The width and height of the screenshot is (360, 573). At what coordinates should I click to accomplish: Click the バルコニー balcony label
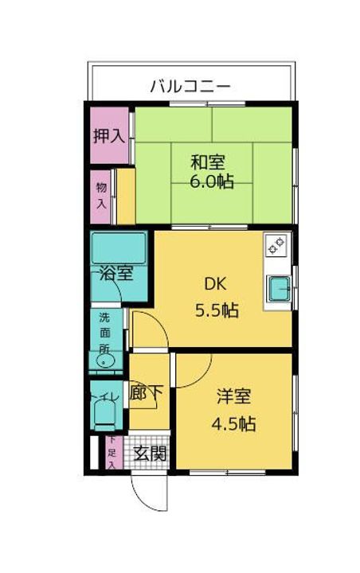[190, 85]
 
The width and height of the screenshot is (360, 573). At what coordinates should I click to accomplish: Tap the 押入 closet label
[108, 135]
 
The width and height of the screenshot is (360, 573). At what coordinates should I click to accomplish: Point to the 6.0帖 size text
[211, 181]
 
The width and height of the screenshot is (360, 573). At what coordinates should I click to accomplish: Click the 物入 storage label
[101, 196]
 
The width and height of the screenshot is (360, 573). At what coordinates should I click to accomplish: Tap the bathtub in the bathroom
[119, 249]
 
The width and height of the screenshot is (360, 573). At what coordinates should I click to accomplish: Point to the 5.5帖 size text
[217, 310]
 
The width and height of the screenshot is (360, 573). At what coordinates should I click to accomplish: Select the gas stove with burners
[276, 247]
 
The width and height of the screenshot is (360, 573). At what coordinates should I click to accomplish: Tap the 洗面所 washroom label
[104, 333]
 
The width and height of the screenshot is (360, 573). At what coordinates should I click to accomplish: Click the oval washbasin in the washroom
[104, 361]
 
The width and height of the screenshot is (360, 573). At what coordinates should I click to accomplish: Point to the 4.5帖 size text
[233, 423]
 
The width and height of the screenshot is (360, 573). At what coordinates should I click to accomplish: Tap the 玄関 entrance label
[149, 454]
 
